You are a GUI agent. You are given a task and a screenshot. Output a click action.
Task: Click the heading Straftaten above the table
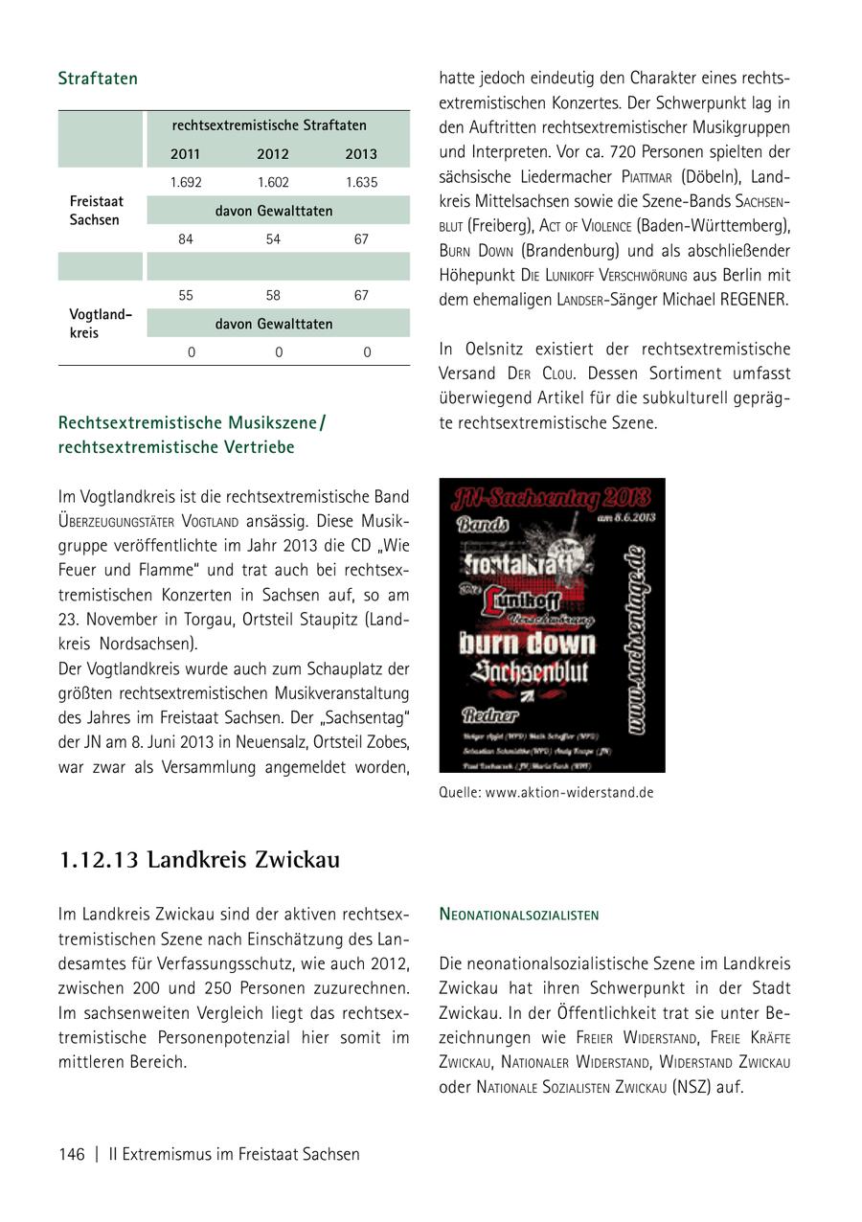pyautogui.click(x=98, y=79)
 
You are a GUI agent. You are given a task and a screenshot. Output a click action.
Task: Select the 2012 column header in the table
pyautogui.click(x=273, y=154)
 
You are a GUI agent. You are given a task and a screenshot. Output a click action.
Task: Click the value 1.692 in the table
pyautogui.click(x=186, y=182)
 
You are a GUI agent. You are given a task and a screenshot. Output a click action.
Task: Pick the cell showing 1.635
pyautogui.click(x=361, y=182)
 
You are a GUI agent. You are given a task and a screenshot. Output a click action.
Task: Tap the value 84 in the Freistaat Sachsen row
pyautogui.click(x=186, y=239)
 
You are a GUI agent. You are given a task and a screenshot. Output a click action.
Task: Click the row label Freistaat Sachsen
pyautogui.click(x=97, y=211)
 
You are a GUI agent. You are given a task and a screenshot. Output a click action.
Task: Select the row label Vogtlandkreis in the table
pyautogui.click(x=100, y=324)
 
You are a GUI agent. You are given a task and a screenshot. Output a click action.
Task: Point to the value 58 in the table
pyautogui.click(x=273, y=296)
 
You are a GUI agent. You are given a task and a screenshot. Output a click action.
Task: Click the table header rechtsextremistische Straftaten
pyautogui.click(x=269, y=125)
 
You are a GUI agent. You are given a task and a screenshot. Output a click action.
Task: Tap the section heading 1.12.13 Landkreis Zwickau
pyautogui.click(x=199, y=860)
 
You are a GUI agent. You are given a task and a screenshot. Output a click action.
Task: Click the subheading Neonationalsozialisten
pyautogui.click(x=519, y=915)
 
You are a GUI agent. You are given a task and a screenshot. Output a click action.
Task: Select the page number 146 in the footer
pyautogui.click(x=72, y=1154)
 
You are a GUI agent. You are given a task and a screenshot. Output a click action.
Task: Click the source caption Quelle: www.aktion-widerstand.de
pyautogui.click(x=546, y=793)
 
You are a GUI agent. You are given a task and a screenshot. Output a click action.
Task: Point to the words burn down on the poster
pyautogui.click(x=527, y=642)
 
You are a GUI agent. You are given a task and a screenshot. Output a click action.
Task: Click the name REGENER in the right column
pyautogui.click(x=752, y=299)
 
